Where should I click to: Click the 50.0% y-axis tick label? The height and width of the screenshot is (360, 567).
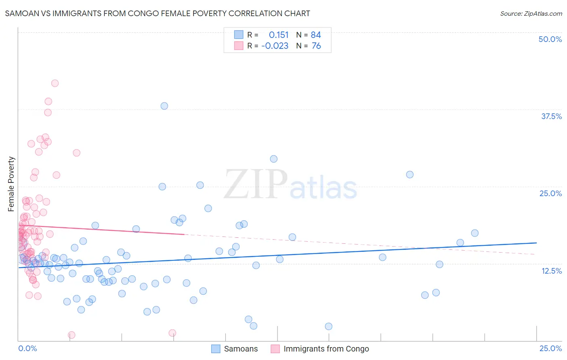point(550,39)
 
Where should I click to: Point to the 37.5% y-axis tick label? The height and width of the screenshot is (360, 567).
point(551,116)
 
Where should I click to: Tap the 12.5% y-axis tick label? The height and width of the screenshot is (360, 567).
point(551,271)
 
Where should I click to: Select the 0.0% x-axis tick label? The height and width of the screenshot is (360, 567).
point(27,348)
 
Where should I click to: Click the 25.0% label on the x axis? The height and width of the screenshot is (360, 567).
point(550,348)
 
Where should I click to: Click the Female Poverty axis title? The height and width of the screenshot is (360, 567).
point(11,184)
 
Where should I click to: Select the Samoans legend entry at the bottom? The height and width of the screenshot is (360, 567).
point(241,349)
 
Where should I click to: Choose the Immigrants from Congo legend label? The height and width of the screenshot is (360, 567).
point(326,349)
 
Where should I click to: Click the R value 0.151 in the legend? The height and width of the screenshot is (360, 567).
point(279,35)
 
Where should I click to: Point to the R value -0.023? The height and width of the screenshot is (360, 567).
point(275,46)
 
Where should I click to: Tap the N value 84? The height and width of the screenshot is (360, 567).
point(316,35)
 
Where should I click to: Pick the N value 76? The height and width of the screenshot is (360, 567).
point(316,46)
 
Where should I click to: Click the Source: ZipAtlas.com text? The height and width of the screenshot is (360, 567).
point(531,14)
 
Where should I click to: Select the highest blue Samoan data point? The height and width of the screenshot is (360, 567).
point(164,106)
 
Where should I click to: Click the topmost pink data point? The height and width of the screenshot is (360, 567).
point(55,83)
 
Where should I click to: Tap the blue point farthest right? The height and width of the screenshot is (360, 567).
point(475,233)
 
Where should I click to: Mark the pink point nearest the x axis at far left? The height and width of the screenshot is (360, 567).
point(71,335)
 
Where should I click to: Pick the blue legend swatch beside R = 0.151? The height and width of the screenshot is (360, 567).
point(239,35)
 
